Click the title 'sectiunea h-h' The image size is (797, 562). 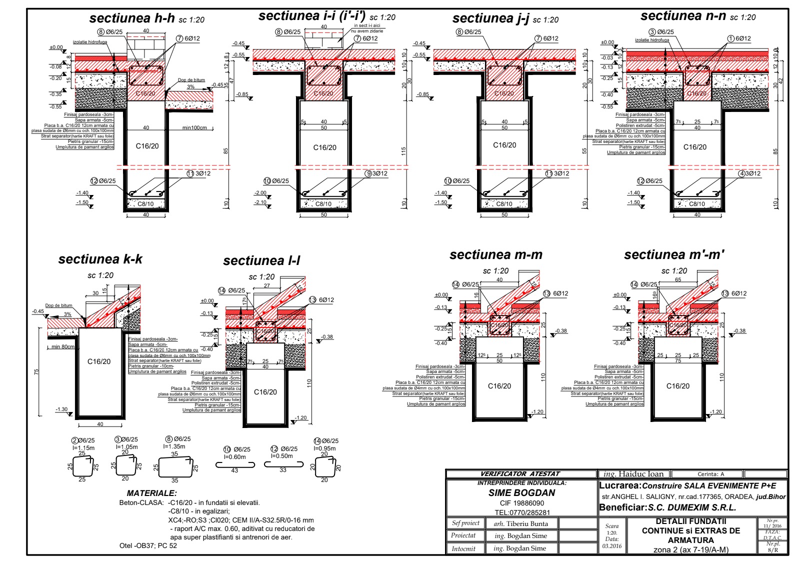(x=132, y=18)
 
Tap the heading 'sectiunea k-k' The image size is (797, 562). (x=100, y=259)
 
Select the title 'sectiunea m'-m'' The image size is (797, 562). (x=674, y=255)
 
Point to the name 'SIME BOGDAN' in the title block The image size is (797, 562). (x=521, y=492)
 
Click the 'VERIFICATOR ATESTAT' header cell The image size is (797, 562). (x=520, y=473)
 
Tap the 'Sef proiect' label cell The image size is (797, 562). (x=465, y=523)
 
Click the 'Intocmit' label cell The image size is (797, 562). (x=463, y=548)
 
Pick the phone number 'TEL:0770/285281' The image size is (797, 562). (x=521, y=512)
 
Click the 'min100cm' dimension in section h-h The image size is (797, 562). (x=194, y=128)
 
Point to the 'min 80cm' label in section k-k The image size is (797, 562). (x=63, y=346)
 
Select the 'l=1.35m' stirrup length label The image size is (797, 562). (x=174, y=446)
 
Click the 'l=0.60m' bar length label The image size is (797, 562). (x=234, y=457)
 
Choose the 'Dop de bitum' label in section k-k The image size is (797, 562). (x=58, y=305)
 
